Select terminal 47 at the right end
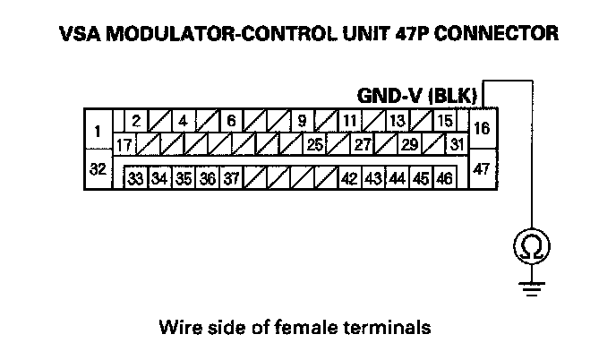[x=482, y=169]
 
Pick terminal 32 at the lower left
[x=97, y=169]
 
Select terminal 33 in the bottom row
[x=134, y=178]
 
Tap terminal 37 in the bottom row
[x=230, y=178]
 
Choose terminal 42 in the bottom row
[x=350, y=178]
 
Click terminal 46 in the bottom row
[x=443, y=178]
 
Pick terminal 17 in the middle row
[x=124, y=143]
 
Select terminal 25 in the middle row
[x=314, y=143]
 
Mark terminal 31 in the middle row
[x=456, y=143]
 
